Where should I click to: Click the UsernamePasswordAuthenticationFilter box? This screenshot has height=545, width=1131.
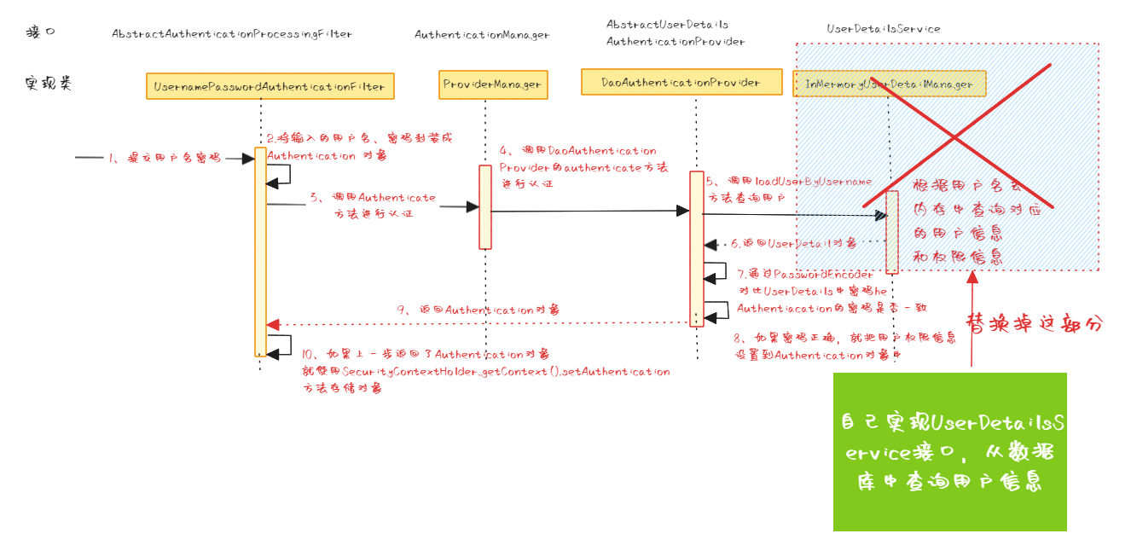pyautogui.click(x=270, y=86)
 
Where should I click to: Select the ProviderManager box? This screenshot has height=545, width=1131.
pyautogui.click(x=492, y=84)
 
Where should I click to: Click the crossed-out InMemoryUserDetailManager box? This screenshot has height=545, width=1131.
pyautogui.click(x=889, y=84)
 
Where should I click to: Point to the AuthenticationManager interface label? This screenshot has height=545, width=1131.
pyautogui.click(x=482, y=35)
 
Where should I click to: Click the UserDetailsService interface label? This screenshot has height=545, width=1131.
pyautogui.click(x=883, y=28)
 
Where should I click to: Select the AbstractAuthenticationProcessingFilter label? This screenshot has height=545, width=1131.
pyautogui.click(x=231, y=34)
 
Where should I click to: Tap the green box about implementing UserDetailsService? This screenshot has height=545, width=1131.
pyautogui.click(x=949, y=451)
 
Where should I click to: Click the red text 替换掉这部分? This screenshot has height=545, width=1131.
pyautogui.click(x=1033, y=324)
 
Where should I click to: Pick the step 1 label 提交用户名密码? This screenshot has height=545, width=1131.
pyautogui.click(x=162, y=158)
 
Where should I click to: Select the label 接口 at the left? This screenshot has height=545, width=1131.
pyautogui.click(x=40, y=32)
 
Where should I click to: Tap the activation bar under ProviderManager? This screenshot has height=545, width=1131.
pyautogui.click(x=484, y=207)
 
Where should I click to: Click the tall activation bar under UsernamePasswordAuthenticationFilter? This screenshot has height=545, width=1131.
pyautogui.click(x=260, y=252)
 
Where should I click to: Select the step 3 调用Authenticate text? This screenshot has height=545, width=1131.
pyautogui.click(x=373, y=206)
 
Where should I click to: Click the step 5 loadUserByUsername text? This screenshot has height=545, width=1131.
pyautogui.click(x=789, y=189)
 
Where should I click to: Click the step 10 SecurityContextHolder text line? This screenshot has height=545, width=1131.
pyautogui.click(x=485, y=372)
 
